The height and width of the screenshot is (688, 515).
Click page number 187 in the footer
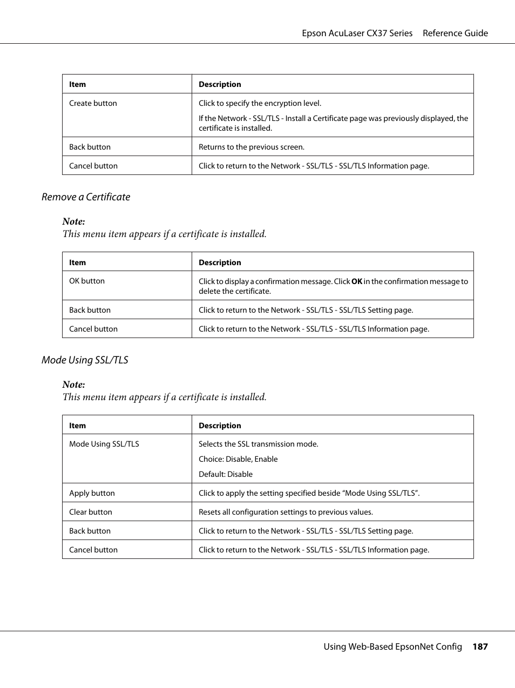click(x=480, y=646)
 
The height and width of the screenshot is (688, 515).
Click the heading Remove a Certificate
click(x=86, y=197)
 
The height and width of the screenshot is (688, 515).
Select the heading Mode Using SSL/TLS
click(x=85, y=360)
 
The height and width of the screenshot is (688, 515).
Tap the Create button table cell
click(x=93, y=103)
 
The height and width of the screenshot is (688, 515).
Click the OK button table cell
click(x=87, y=281)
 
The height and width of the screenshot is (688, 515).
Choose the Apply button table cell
click(x=92, y=493)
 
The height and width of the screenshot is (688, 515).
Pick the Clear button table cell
click(x=91, y=512)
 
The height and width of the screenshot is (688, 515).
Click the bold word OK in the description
click(x=357, y=281)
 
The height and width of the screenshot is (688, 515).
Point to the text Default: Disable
click(x=226, y=474)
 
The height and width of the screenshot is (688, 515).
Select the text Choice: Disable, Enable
click(x=238, y=459)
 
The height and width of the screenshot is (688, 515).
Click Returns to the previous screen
click(x=252, y=147)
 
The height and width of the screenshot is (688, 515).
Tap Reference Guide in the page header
click(x=455, y=33)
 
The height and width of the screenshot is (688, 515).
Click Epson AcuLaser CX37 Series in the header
click(x=357, y=33)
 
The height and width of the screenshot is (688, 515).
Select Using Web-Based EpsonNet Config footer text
click(x=392, y=646)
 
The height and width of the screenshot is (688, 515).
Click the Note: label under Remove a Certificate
click(x=73, y=221)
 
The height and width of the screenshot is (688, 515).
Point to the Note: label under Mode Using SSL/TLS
click(x=73, y=385)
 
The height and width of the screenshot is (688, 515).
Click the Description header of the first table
click(x=220, y=84)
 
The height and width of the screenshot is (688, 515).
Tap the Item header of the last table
click(x=77, y=426)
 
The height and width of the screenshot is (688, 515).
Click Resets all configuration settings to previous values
click(x=286, y=512)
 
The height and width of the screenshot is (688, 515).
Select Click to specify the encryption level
click(x=260, y=103)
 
